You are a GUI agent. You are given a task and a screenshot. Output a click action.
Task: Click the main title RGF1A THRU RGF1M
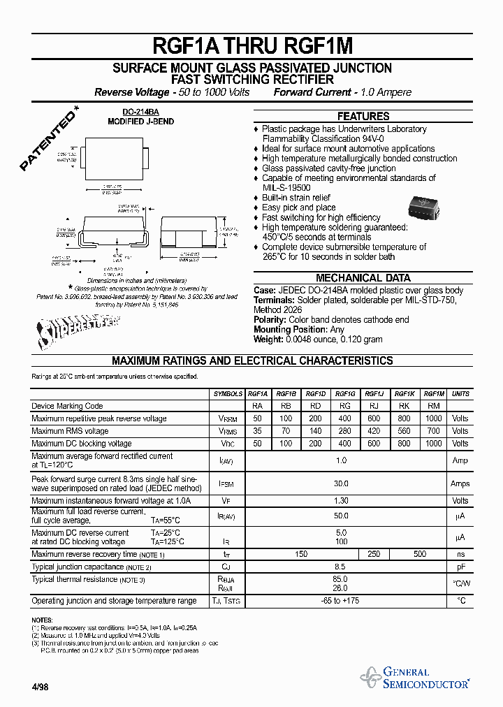click(x=252, y=46)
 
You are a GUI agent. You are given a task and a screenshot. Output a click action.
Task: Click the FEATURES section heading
click(x=363, y=117)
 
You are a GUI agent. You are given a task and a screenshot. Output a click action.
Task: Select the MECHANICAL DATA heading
click(x=363, y=277)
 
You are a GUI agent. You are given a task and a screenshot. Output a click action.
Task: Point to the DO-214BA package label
click(x=140, y=112)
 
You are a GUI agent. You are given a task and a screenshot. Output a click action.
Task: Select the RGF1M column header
click(x=434, y=394)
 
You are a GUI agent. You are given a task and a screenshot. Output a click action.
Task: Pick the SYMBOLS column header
click(x=228, y=394)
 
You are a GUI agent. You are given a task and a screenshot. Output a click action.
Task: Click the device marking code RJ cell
click(x=374, y=406)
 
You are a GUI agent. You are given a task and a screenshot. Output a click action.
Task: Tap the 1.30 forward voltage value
click(x=341, y=501)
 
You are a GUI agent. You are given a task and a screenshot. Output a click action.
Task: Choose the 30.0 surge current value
click(x=341, y=483)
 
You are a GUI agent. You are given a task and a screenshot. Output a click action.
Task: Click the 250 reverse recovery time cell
click(x=374, y=554)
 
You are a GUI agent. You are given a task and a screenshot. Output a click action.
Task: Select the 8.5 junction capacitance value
click(x=341, y=567)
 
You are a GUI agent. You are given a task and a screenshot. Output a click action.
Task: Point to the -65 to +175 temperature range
click(x=341, y=601)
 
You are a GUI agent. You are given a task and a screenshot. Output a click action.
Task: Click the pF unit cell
click(x=460, y=567)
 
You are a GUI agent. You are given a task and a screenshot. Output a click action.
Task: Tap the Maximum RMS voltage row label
click(x=70, y=431)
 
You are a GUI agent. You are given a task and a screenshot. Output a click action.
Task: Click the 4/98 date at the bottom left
click(x=40, y=687)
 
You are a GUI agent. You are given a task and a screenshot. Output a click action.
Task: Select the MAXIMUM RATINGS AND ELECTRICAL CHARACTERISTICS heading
click(x=252, y=361)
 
